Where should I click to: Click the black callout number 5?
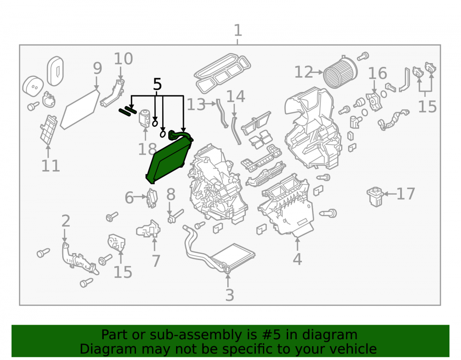(157, 84)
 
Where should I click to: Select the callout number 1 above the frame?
(237, 30)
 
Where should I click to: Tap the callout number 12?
(304, 72)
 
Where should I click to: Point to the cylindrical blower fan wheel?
(341, 73)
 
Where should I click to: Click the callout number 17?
(405, 194)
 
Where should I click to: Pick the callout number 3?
(230, 295)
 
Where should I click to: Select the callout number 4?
(297, 259)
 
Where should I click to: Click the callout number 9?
(97, 69)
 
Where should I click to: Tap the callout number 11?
(123, 59)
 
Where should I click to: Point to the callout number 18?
(51, 166)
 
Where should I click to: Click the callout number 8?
(171, 195)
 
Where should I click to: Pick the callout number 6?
(129, 198)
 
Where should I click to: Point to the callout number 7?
(156, 261)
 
